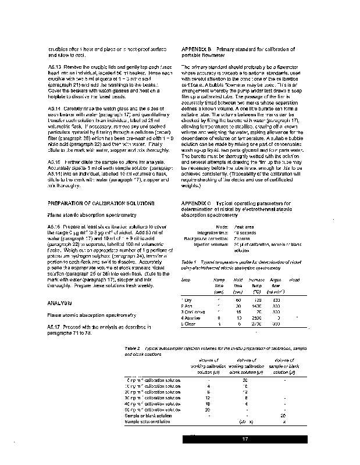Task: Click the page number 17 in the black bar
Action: point(245,439)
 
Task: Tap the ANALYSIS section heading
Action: point(59,303)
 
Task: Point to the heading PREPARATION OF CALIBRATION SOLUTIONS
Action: point(101,202)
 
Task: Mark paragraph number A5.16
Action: point(55,225)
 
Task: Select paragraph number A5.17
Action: point(55,327)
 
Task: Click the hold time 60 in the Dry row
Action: point(238,299)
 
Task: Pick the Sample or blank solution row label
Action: point(148,416)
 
